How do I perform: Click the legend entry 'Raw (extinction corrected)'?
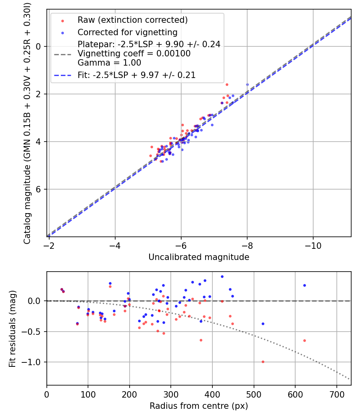pos(132,20)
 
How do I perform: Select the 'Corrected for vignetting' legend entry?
pos(127,32)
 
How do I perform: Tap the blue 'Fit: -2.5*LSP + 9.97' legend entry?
pos(136,75)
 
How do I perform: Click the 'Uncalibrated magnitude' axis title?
pos(199,257)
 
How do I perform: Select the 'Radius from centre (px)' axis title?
pos(199,406)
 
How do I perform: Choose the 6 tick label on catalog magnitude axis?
pos(39,189)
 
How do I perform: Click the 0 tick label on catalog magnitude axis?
pos(39,46)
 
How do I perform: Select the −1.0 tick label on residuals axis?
pos(33,362)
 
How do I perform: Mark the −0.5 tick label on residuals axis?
pos(33,332)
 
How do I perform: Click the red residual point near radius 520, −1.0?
pos(263,362)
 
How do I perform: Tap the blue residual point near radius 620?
pos(304,285)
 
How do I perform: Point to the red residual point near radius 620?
pos(304,340)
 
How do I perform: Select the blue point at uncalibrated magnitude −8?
pos(247,84)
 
